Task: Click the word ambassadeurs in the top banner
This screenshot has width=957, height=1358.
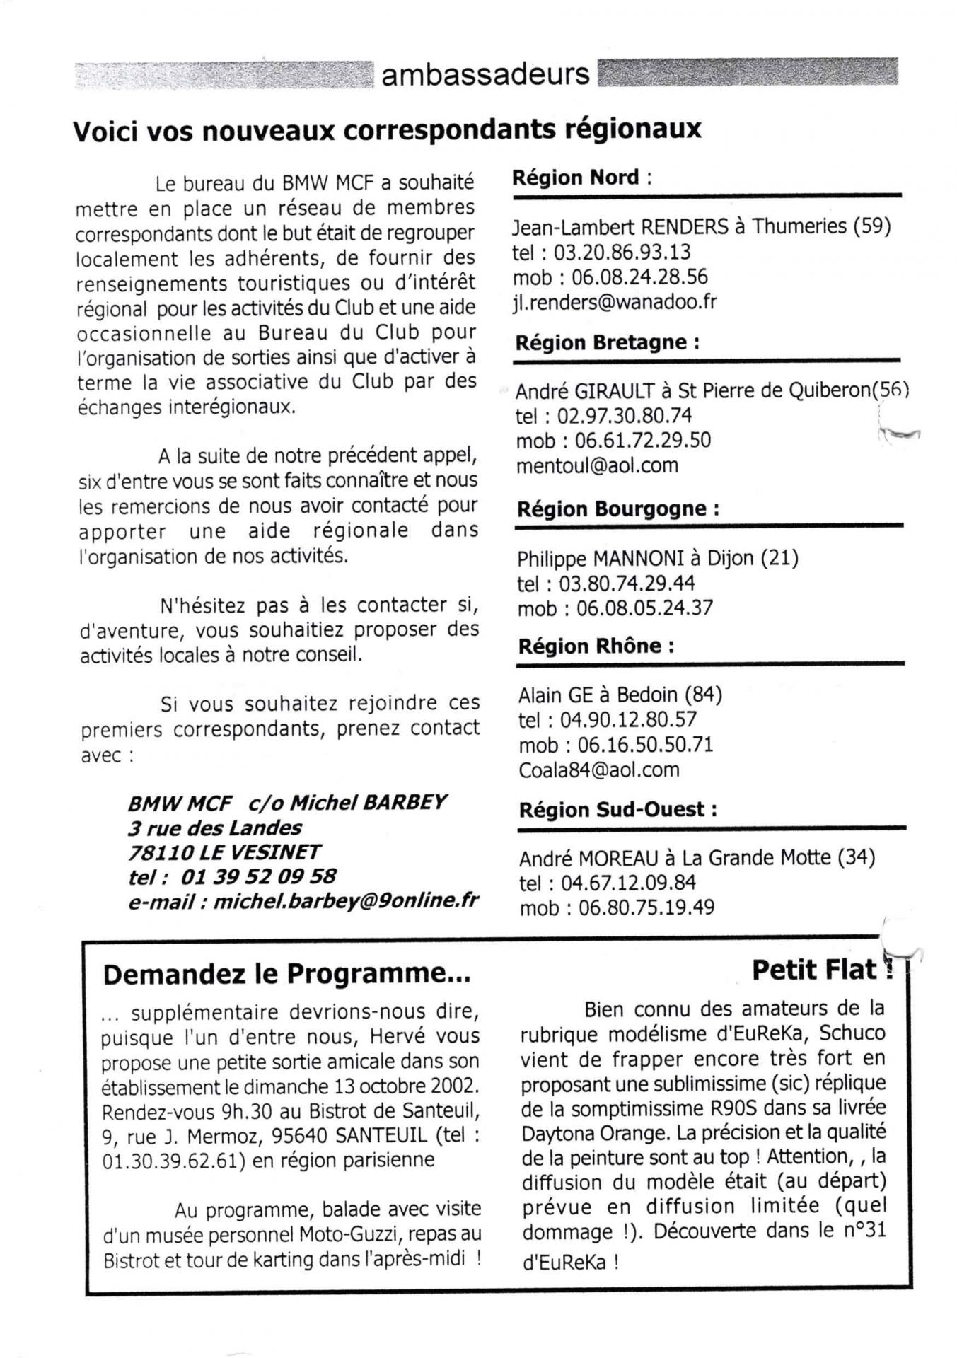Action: coord(485,74)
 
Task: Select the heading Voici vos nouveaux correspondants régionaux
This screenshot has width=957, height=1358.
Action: coord(387,129)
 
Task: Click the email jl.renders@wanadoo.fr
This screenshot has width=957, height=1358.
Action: coord(614,302)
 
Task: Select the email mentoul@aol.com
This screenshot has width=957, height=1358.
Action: coord(597,465)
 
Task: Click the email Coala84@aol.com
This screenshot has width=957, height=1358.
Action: coord(598,770)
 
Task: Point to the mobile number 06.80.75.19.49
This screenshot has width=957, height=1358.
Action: coord(646,907)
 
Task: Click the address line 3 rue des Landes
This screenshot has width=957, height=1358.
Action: coord(215,828)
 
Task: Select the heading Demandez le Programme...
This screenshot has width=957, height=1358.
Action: coord(286,975)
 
